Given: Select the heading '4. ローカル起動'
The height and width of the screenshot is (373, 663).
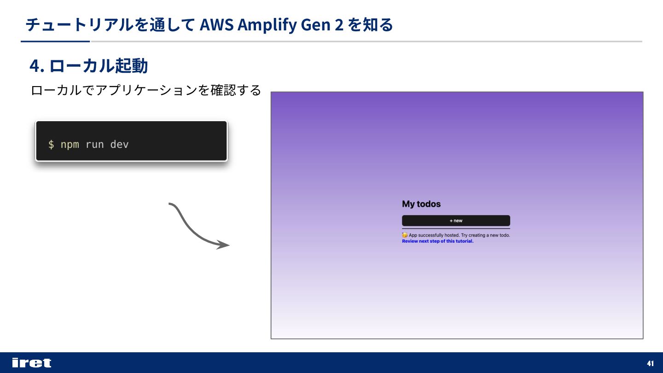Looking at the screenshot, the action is point(88,66).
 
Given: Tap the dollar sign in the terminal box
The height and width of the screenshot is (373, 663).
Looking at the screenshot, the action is point(51,145).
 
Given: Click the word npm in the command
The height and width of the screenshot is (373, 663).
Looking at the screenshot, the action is point(70,145).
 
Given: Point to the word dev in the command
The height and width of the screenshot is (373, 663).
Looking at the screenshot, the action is point(119,145).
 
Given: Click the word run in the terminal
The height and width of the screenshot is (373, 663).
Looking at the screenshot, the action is point(94,145).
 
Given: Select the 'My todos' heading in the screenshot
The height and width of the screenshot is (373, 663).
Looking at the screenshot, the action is point(421,204).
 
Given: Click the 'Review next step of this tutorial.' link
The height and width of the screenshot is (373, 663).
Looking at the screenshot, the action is point(437,241).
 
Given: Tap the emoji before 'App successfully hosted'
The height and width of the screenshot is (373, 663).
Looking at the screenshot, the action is point(405,235).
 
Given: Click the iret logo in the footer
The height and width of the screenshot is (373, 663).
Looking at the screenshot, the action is point(31,363).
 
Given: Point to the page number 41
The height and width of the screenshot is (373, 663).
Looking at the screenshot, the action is point(651,363).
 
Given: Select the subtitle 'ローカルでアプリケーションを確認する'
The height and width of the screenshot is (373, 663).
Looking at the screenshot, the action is point(145,90).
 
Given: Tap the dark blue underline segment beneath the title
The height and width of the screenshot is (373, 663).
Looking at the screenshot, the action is point(55,41).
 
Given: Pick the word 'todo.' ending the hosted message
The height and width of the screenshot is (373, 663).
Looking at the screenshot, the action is point(505,235).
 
